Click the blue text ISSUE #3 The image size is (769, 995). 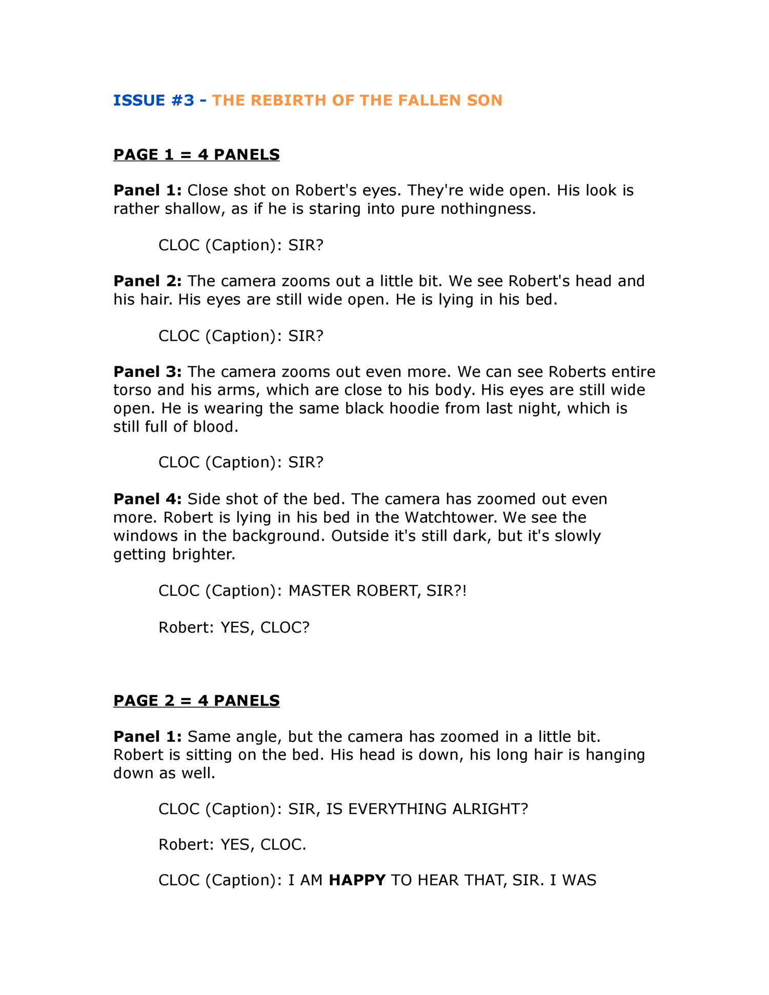154,100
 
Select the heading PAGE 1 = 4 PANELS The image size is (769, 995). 196,154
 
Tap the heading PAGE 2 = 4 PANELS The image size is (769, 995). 196,700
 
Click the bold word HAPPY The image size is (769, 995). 357,880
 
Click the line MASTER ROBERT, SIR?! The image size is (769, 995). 377,591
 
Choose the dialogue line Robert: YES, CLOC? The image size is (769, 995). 234,627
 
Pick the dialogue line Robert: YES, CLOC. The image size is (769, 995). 232,844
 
